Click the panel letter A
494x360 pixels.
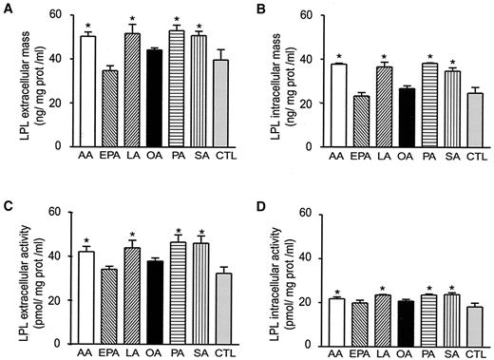coord(7,9)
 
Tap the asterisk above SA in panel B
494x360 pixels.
coord(454,62)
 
